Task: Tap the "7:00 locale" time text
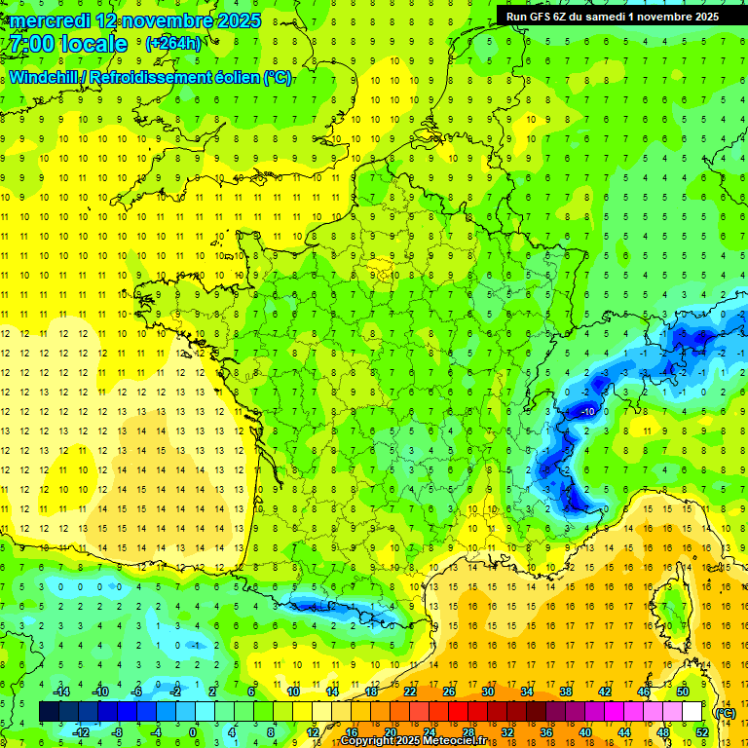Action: [x=67, y=44]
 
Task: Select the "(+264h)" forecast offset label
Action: [x=173, y=43]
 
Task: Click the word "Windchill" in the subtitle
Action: [x=45, y=77]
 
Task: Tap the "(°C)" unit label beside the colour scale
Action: [x=725, y=712]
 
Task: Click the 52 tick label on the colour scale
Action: [x=701, y=731]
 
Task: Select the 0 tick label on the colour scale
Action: [x=192, y=731]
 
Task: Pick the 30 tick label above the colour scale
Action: [x=487, y=692]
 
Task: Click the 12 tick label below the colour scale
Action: [x=314, y=731]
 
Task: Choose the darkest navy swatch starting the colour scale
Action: [x=49, y=712]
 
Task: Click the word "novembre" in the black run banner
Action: [x=662, y=15]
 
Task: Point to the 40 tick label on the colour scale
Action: [x=584, y=731]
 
